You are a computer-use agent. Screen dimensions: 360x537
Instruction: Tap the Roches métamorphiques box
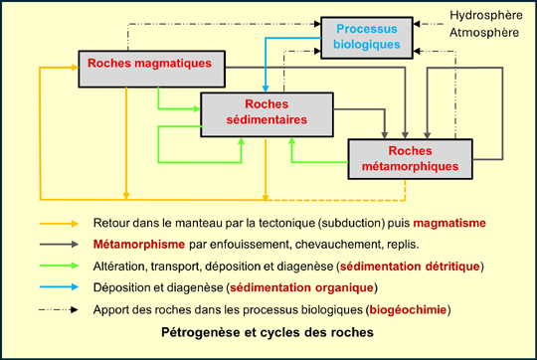[410, 158]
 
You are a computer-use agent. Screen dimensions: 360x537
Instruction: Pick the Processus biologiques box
[367, 36]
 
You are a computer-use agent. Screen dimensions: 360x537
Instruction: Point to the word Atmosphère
[483, 33]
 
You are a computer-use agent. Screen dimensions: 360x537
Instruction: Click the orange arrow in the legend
[61, 224]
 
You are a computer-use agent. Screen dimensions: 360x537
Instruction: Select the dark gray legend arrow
[61, 245]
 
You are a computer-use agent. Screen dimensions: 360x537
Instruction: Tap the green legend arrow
[61, 267]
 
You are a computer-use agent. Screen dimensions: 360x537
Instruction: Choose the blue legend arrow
[61, 288]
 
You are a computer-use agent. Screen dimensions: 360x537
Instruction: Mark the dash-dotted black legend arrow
[61, 310]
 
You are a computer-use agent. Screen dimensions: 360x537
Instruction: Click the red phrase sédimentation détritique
[411, 267]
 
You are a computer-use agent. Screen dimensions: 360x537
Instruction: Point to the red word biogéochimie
[409, 310]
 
